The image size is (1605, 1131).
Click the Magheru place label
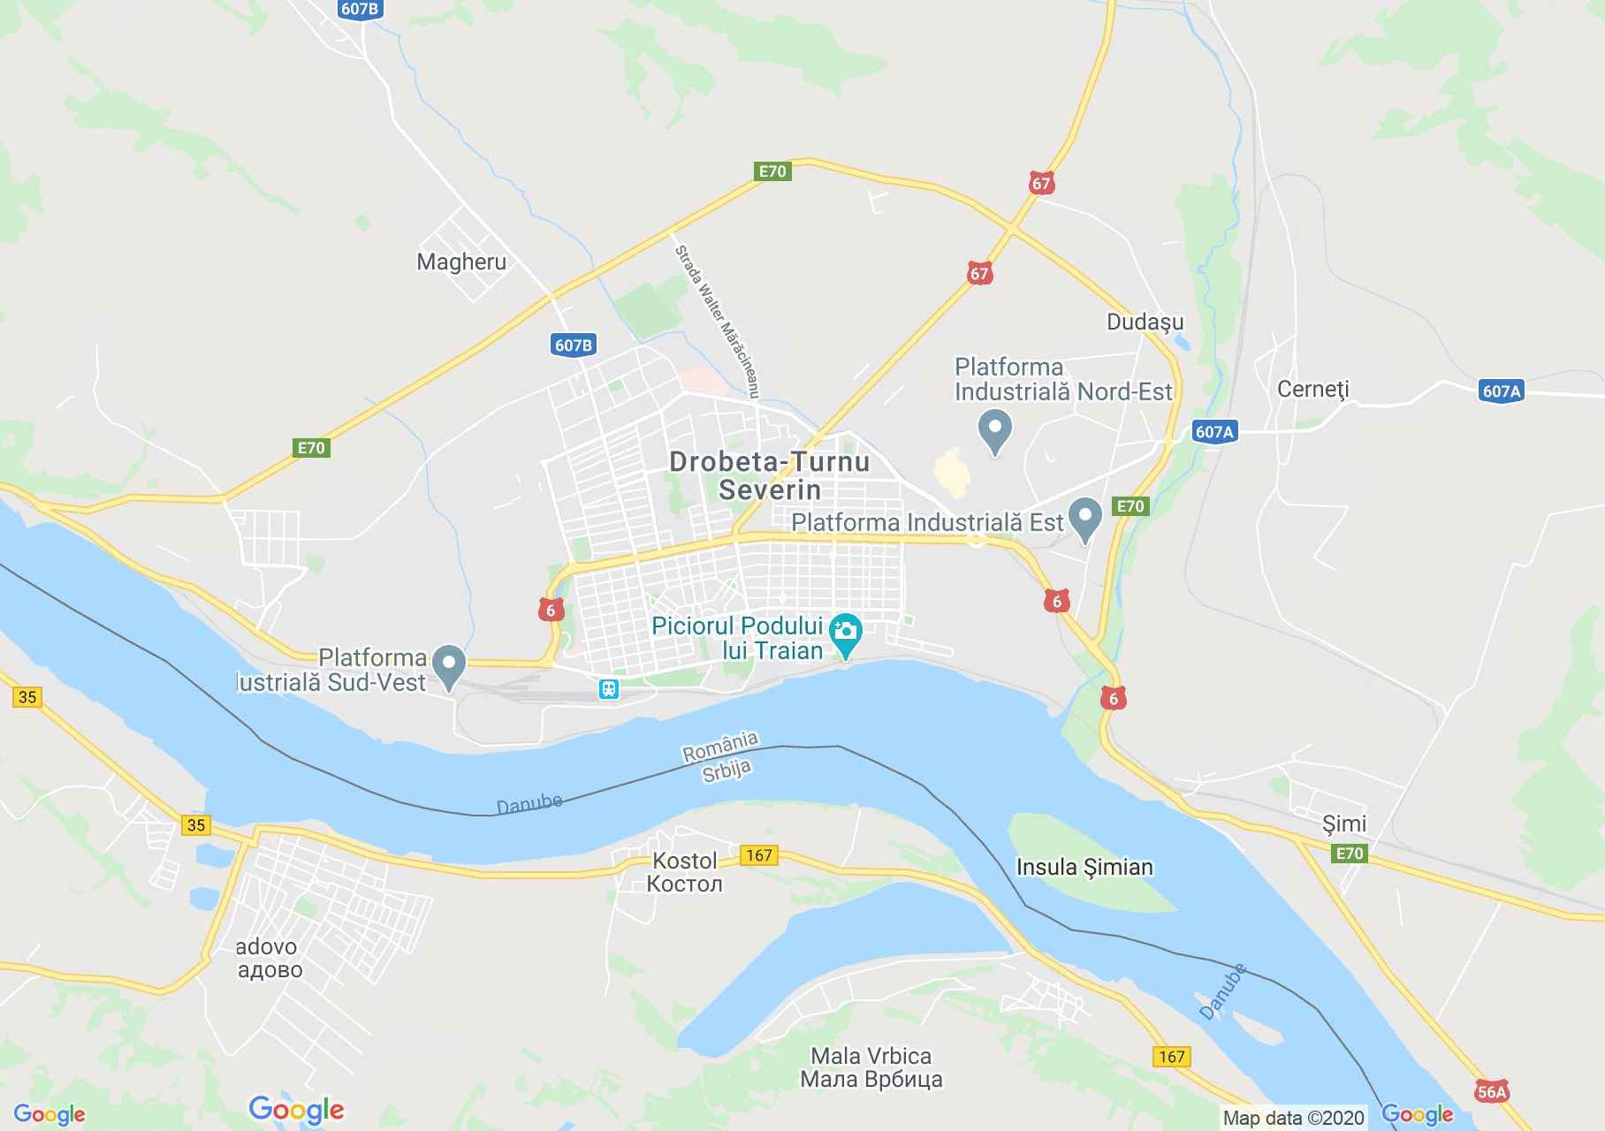461,262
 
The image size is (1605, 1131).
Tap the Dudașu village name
1145,323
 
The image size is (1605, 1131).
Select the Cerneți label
1313,389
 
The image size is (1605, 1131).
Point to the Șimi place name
1343,824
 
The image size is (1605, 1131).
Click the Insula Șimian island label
1084,867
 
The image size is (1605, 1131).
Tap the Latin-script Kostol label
684,860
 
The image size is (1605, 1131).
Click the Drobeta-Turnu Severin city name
770,474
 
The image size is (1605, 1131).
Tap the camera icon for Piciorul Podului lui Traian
846,631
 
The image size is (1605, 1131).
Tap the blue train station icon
608,688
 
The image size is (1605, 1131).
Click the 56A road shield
1491,1092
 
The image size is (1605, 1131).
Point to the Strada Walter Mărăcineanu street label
718,322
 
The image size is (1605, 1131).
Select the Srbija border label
727,770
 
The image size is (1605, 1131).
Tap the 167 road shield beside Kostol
758,854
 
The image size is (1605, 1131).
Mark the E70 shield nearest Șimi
1350,853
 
